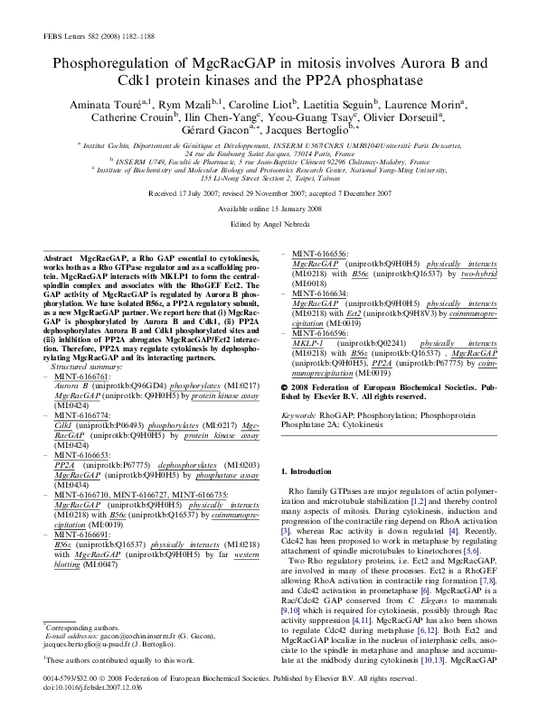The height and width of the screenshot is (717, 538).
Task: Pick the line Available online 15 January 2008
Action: pos(269,208)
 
